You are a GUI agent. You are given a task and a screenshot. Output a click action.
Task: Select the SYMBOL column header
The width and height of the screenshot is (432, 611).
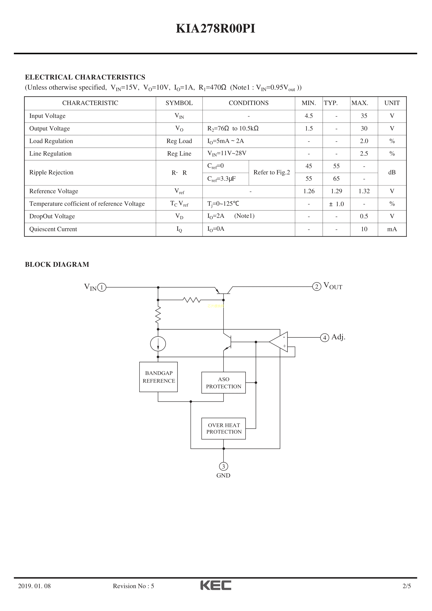tap(179, 103)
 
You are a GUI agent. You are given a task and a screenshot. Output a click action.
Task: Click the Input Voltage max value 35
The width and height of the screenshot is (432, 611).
tap(364, 116)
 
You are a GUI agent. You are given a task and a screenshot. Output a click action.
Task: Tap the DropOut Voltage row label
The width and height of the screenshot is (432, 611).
tap(52, 216)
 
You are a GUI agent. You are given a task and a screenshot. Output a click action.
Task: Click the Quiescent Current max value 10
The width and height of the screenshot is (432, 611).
tap(364, 229)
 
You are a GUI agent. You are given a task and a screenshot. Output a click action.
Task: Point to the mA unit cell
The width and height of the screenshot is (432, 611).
tap(392, 229)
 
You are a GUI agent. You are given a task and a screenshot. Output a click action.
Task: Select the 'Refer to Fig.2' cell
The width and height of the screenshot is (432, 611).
tap(272, 172)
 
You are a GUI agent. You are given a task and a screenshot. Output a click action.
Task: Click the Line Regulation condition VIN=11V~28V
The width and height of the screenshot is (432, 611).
tap(227, 154)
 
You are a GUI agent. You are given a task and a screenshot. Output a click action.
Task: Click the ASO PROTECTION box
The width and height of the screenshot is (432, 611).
tap(224, 383)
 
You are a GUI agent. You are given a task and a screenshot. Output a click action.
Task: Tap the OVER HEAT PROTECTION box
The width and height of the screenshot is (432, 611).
tap(224, 429)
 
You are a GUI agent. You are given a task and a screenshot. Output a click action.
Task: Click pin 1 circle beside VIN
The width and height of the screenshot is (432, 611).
tap(102, 287)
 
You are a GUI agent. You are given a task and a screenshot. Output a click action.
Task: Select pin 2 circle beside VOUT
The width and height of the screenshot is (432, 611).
tap(317, 287)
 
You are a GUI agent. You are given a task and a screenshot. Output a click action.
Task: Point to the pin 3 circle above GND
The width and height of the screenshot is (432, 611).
tap(223, 466)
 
